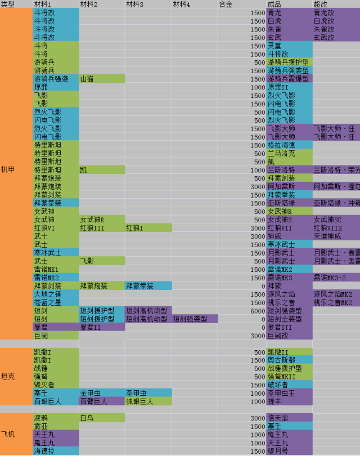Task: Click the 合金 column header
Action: click(226, 4)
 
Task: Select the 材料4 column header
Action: click(181, 4)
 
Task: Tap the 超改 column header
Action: click(322, 4)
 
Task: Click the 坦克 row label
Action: click(8, 376)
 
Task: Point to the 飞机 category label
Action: click(8, 435)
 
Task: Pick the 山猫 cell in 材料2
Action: click(87, 79)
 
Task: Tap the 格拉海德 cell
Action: click(281, 145)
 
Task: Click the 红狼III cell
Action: click(91, 227)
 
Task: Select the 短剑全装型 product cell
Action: click(284, 319)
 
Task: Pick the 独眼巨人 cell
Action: click(140, 401)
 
